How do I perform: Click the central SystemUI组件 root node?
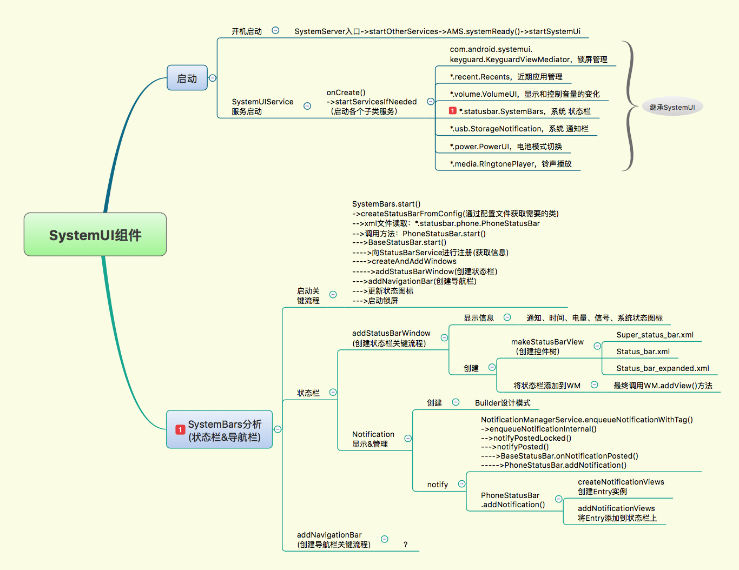point(95,235)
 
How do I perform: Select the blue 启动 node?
point(187,78)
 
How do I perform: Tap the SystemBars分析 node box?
point(220,430)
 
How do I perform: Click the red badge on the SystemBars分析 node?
point(180,429)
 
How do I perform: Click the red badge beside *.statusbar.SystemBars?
point(453,111)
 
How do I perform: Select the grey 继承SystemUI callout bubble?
point(672,107)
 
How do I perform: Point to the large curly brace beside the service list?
point(629,106)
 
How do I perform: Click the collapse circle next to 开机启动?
point(275,31)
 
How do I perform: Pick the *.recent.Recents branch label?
point(506,77)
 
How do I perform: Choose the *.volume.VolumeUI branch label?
point(524,94)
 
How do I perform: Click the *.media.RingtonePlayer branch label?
point(511,164)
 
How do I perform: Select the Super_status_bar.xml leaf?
point(655,335)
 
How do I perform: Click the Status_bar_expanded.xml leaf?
point(663,368)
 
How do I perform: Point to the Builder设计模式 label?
point(503,403)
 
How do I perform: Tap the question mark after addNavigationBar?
point(405,545)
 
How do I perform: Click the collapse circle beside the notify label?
point(461,484)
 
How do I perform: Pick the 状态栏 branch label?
point(308,393)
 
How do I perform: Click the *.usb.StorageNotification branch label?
point(519,129)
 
